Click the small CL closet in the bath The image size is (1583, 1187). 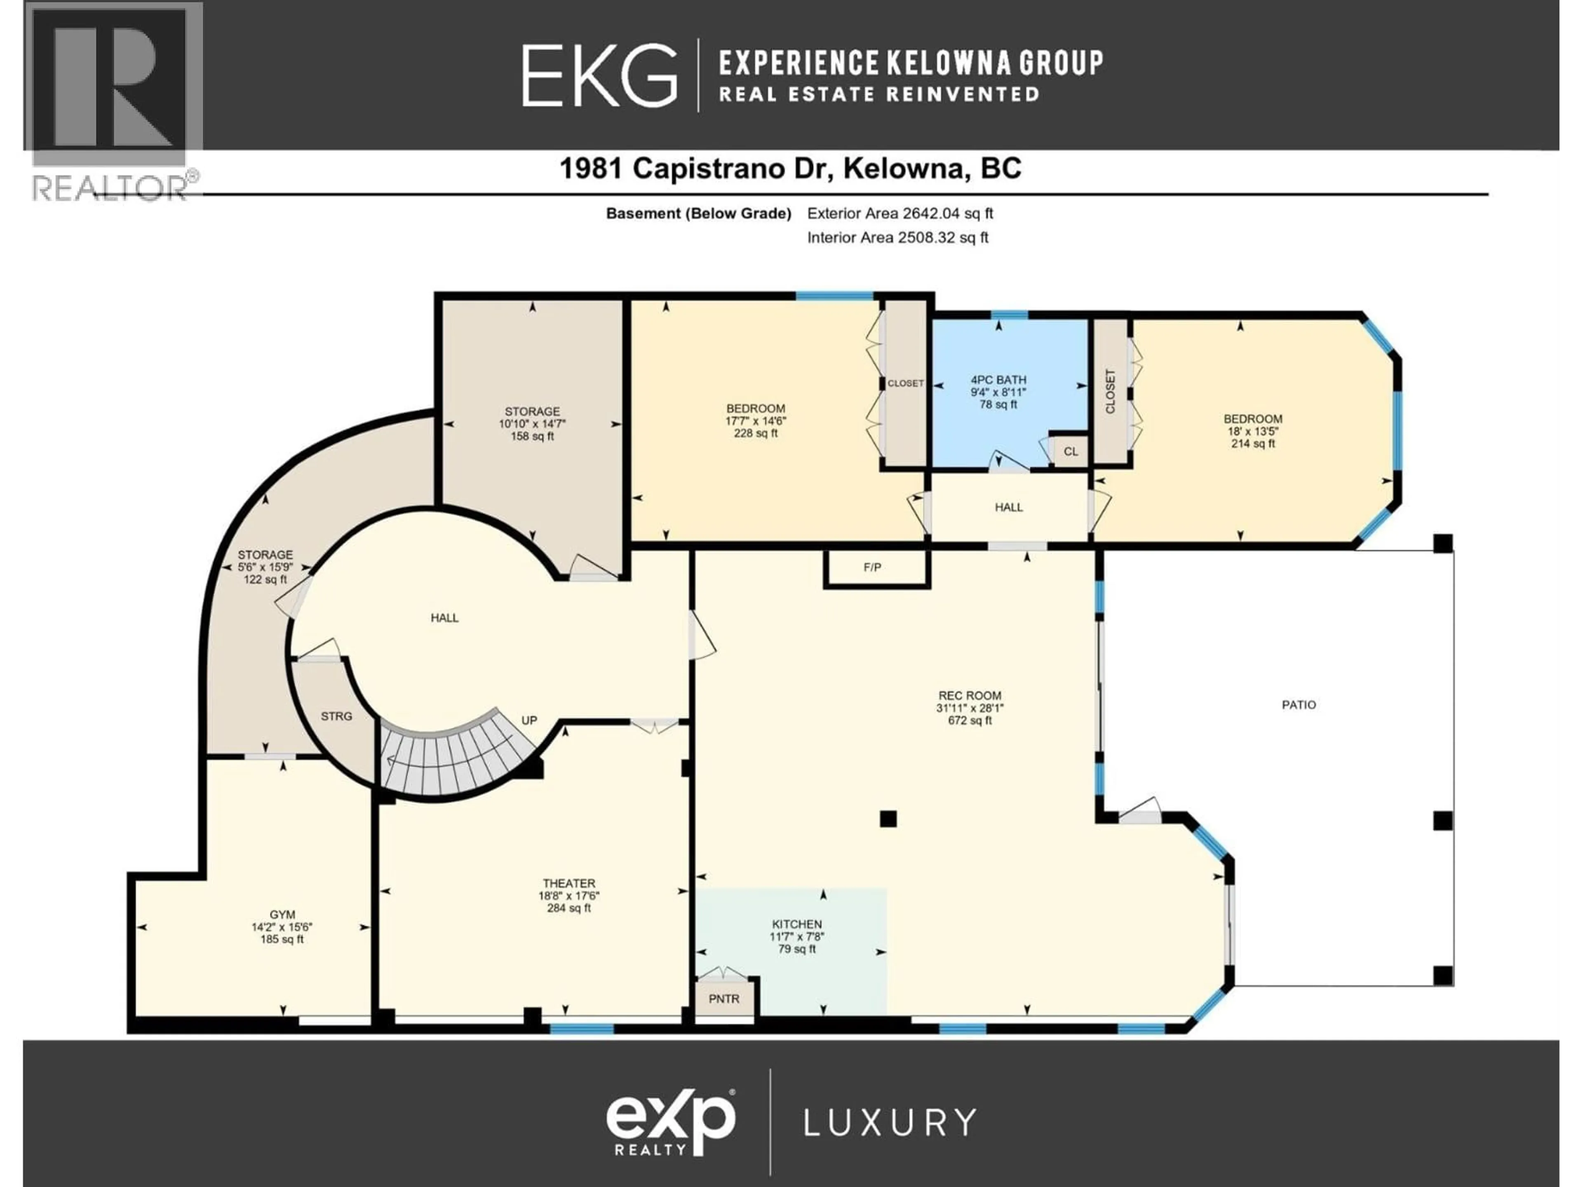pyautogui.click(x=1070, y=451)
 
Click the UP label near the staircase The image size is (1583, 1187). pyautogui.click(x=529, y=720)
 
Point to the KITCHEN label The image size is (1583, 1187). pyautogui.click(x=796, y=924)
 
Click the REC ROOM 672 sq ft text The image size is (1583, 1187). pyautogui.click(x=970, y=720)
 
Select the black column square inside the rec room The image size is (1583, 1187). pyautogui.click(x=888, y=819)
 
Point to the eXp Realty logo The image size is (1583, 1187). pyautogui.click(x=671, y=1121)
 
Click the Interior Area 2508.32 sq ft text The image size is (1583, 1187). pyautogui.click(x=897, y=237)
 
